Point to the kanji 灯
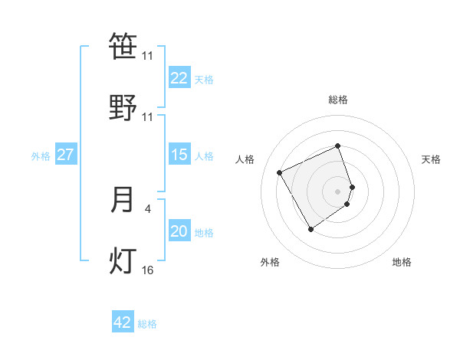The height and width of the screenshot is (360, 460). pos(123,260)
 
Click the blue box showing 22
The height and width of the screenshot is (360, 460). pos(179,78)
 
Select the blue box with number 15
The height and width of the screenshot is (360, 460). pos(179,155)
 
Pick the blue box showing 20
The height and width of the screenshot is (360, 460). pos(179,231)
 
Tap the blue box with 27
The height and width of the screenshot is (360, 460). pos(65,155)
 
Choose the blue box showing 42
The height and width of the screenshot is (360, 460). pos(123,322)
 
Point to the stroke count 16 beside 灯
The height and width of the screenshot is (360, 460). pos(147,270)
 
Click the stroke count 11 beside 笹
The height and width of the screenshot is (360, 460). pos(147,56)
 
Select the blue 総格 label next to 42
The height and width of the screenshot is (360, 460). pos(147,324)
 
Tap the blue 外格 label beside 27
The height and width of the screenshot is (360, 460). pos(41,156)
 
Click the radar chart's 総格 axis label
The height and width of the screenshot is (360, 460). pos(338,100)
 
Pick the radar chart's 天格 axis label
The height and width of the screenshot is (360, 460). pos(431,159)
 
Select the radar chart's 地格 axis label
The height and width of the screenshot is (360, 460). pos(402,262)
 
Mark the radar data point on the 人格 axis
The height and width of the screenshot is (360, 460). pos(281,172)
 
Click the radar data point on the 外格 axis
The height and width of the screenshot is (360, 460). pos(310,229)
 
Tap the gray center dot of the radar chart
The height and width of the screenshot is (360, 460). pos(338,191)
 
